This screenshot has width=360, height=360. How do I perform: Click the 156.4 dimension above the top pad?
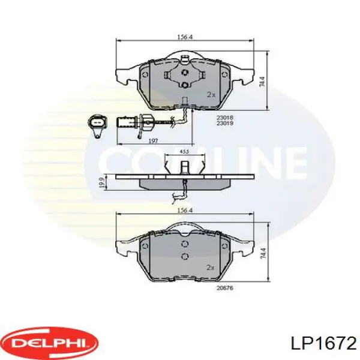(185, 37)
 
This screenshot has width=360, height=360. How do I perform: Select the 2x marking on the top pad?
(211, 94)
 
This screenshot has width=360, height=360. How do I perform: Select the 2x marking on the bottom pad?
(211, 267)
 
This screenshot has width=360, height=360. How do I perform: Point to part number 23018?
(226, 118)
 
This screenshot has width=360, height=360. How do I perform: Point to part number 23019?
(226, 123)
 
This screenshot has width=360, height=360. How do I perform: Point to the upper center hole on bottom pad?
(185, 244)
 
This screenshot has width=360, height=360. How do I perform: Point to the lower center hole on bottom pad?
(185, 256)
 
